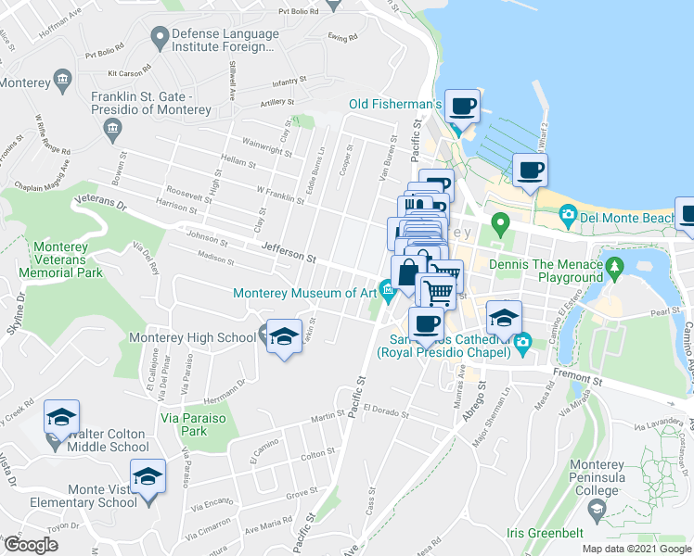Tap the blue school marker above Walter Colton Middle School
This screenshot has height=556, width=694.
coord(61,418)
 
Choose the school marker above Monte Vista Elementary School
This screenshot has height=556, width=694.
coord(148,477)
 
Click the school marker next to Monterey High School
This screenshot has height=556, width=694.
coord(284,337)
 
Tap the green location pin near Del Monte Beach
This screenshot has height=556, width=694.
coord(501,223)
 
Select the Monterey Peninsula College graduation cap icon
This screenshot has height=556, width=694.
coord(596,508)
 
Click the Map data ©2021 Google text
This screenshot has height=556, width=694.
coord(636,549)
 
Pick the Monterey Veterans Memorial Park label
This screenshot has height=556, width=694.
coord(67,260)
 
